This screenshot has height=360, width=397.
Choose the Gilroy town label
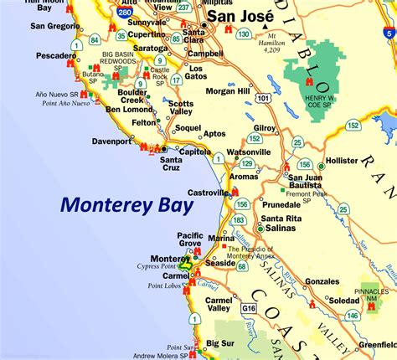tap(265, 127)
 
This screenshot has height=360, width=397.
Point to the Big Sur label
tap(220, 343)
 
